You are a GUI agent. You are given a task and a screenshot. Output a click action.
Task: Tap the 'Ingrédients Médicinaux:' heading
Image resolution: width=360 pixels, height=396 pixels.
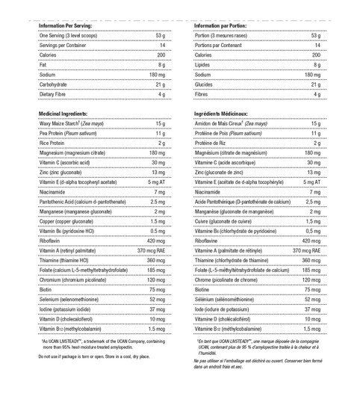[224, 112]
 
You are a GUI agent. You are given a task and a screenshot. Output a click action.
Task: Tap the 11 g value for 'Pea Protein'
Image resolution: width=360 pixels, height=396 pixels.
[160, 133]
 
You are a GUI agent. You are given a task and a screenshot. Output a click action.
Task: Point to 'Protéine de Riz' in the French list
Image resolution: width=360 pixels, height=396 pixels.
[213, 143]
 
